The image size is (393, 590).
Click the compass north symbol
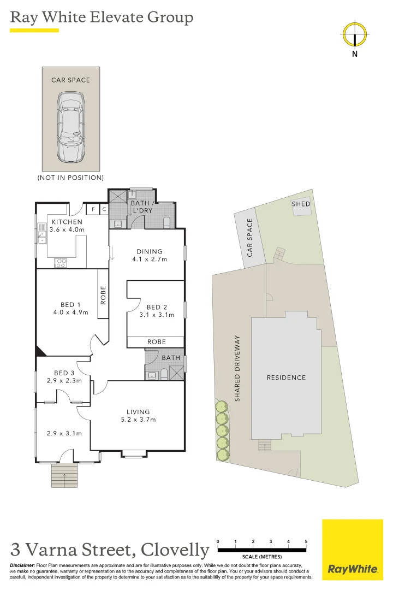pyautogui.click(x=355, y=36)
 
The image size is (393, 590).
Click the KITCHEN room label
pyautogui.click(x=67, y=222)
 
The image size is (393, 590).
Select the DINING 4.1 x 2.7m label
pyautogui.click(x=149, y=256)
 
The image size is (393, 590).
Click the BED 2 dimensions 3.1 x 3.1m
pyautogui.click(x=157, y=315)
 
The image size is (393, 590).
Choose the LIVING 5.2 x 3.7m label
pyautogui.click(x=138, y=416)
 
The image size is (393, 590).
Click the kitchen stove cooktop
pyautogui.click(x=61, y=263)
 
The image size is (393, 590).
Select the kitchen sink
pyautogui.click(x=41, y=236)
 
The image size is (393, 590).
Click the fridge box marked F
pyautogui.click(x=93, y=209)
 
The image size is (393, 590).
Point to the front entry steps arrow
pyautogui.click(x=65, y=477)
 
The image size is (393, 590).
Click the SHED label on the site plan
pyautogui.click(x=301, y=204)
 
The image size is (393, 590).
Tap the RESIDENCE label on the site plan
pyautogui.click(x=286, y=377)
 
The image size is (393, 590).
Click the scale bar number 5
pyautogui.click(x=306, y=541)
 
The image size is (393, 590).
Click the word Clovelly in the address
pyautogui.click(x=175, y=549)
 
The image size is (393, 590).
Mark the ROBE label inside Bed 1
pyautogui.click(x=103, y=295)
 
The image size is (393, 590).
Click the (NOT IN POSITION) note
pyautogui.click(x=70, y=178)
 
